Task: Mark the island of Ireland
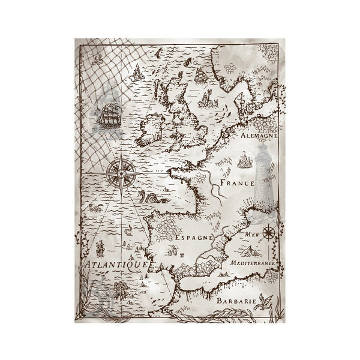(150, 128)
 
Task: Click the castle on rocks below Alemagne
(244, 160)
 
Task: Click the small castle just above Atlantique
(100, 247)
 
